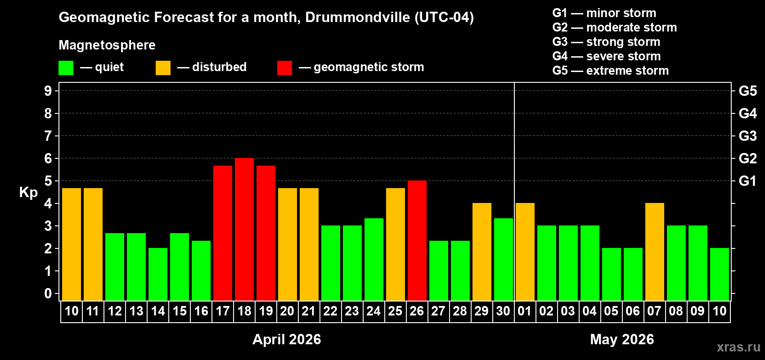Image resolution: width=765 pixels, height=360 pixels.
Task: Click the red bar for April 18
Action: click(x=244, y=229)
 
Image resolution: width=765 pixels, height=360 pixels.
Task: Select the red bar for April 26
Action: click(x=417, y=241)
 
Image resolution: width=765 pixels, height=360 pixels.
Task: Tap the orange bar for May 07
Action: click(x=655, y=252)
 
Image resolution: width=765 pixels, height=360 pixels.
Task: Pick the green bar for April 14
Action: click(x=158, y=274)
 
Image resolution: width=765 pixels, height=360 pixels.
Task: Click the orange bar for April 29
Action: click(x=482, y=252)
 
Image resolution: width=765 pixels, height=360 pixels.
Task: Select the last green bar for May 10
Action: click(x=720, y=274)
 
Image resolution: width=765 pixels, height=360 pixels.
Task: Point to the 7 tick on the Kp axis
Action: click(x=48, y=136)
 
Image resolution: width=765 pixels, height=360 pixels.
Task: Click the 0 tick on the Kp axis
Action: click(x=48, y=293)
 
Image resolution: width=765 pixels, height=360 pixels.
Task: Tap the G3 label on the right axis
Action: click(x=747, y=136)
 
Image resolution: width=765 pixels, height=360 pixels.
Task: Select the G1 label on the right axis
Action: click(x=747, y=181)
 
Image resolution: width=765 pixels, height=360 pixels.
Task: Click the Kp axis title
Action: click(x=28, y=192)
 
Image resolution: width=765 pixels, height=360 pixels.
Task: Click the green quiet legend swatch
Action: click(x=66, y=68)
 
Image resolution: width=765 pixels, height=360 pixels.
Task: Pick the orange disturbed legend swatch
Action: click(x=163, y=68)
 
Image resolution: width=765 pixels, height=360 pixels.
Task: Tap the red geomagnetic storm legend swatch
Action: click(x=284, y=68)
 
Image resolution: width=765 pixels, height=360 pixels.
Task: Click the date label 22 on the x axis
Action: click(x=330, y=311)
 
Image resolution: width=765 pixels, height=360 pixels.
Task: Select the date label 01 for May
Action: click(x=525, y=311)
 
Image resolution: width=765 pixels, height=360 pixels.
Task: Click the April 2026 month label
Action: click(x=287, y=339)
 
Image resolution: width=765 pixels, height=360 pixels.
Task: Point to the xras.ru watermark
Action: click(x=738, y=347)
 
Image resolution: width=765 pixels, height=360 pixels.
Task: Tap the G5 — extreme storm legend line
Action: click(x=610, y=71)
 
